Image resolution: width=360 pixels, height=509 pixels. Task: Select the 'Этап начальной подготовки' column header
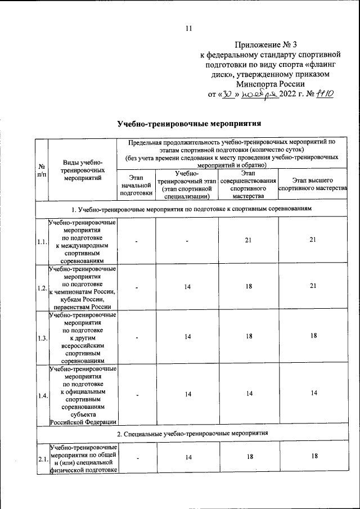tap(137, 185)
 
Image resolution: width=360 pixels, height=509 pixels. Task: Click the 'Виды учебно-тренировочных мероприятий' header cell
tap(83, 170)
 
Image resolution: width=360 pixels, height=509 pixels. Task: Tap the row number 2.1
tap(42, 460)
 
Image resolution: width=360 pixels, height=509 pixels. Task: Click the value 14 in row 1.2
tap(187, 286)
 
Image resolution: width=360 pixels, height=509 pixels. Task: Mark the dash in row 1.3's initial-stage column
tap(137, 337)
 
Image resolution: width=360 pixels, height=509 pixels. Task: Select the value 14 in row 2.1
tap(187, 458)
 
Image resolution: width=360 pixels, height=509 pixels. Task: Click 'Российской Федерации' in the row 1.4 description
tap(83, 421)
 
